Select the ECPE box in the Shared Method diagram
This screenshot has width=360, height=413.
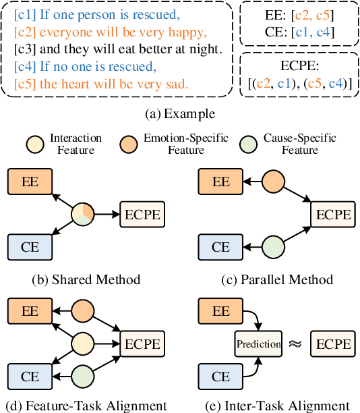point(142,215)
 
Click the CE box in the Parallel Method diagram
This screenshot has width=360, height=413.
point(220,247)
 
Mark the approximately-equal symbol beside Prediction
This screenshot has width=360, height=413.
point(294,344)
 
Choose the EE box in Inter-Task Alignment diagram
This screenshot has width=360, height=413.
point(220,312)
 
